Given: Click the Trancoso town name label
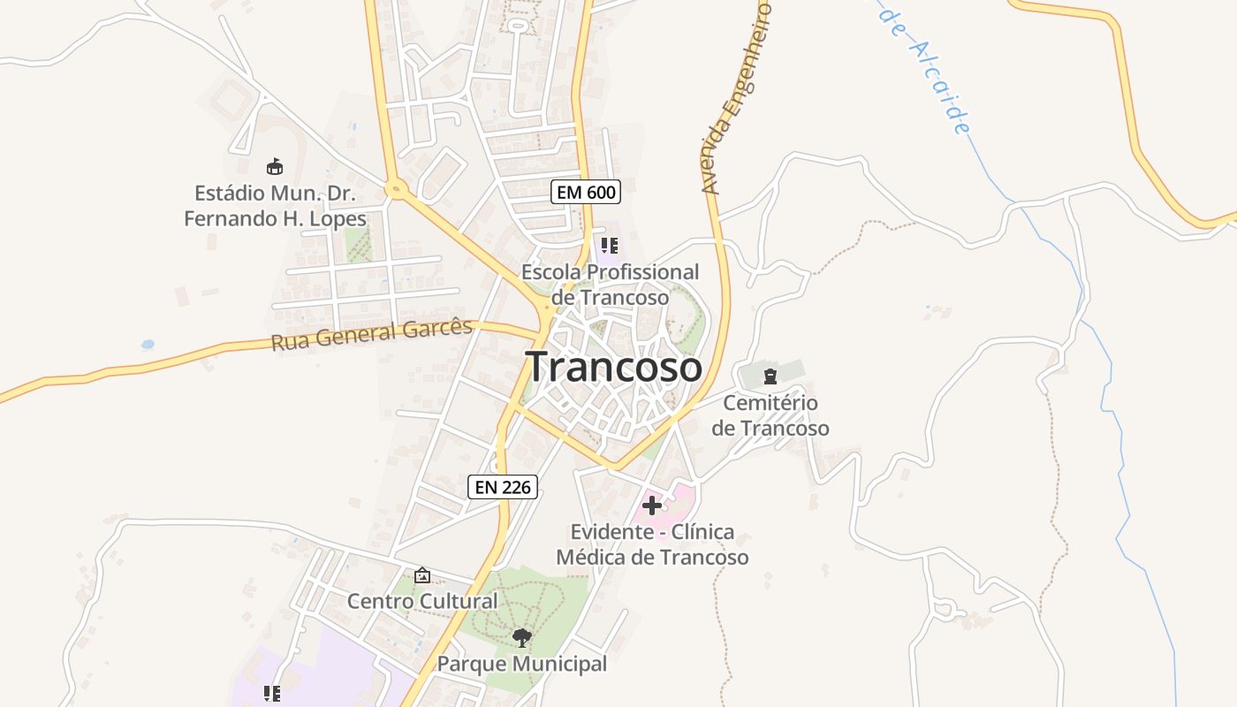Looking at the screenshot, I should tap(614, 367).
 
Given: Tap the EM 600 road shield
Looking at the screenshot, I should tap(586, 192).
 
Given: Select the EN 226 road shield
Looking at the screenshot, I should tap(503, 486).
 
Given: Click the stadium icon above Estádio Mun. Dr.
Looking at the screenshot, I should tap(275, 166).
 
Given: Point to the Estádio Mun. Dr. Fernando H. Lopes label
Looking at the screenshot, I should tap(275, 205).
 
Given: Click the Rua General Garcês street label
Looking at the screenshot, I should tap(372, 334).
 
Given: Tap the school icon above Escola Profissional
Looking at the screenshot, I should tap(609, 246).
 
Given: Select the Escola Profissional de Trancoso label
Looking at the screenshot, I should tap(610, 285).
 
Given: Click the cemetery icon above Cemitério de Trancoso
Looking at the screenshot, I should tap(770, 376).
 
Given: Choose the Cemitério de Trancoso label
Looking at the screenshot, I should tap(770, 415).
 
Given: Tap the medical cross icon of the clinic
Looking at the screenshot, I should tap(652, 506).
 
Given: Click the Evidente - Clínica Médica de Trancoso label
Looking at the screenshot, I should tap(652, 544).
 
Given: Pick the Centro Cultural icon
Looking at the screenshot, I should tap(422, 575).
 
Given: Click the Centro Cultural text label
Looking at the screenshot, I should tap(422, 602).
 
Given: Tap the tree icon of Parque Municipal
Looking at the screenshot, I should tap(522, 637).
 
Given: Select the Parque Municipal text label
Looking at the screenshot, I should tap(522, 664).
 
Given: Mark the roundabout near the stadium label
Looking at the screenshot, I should tap(395, 187).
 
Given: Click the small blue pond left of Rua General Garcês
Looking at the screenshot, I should tap(148, 344).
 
